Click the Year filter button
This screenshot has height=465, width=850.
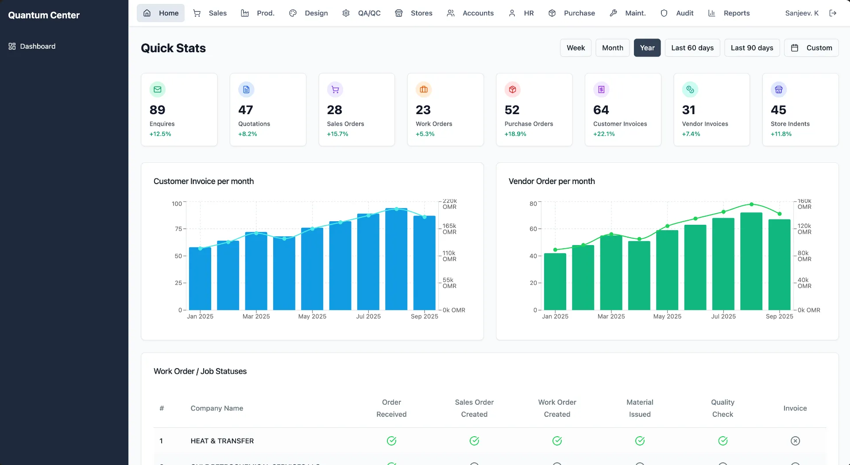point(647,48)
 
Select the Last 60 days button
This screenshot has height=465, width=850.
point(692,48)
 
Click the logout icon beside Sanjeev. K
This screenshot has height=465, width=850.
point(833,13)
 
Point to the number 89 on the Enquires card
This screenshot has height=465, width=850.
point(157,110)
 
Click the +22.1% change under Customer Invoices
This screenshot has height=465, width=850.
point(604,134)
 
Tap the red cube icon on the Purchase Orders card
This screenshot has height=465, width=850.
point(512,90)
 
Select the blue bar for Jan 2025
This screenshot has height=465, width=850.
point(200,279)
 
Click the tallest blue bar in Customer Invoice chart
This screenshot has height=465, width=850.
point(396,261)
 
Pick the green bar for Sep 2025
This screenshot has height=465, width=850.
point(779,265)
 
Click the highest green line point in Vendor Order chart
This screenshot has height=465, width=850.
point(751,204)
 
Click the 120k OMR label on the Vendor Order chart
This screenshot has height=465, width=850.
point(804,229)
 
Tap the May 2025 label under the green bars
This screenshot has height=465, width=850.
point(667,316)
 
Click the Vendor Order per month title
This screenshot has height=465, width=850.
point(552,181)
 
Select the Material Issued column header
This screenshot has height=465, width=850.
point(640,408)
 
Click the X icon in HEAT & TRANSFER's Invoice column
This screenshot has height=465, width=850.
point(795,441)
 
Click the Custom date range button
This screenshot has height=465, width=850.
point(811,48)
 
